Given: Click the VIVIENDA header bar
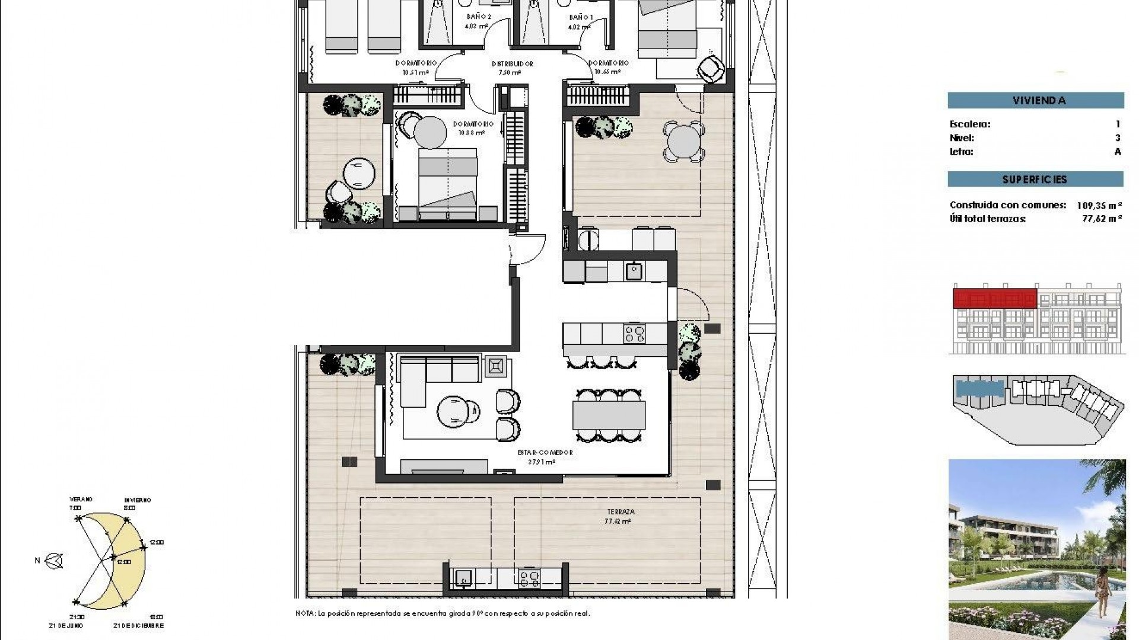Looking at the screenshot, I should tap(1035, 100).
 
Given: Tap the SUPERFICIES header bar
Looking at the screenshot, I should tap(1035, 179).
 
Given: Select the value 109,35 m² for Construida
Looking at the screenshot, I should tap(1099, 206).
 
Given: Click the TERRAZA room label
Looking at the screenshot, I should tap(621, 511).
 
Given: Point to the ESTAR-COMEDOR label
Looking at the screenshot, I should tap(545, 453).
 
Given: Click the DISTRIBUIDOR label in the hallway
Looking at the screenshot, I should tap(512, 64).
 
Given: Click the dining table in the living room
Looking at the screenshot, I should tap(609, 415).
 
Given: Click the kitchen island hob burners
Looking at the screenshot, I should tap(634, 334).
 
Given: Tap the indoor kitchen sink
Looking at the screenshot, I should tap(634, 271).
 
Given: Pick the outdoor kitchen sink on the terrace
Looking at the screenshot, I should tap(462, 578).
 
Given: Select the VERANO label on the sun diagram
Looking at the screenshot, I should tap(81, 500).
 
